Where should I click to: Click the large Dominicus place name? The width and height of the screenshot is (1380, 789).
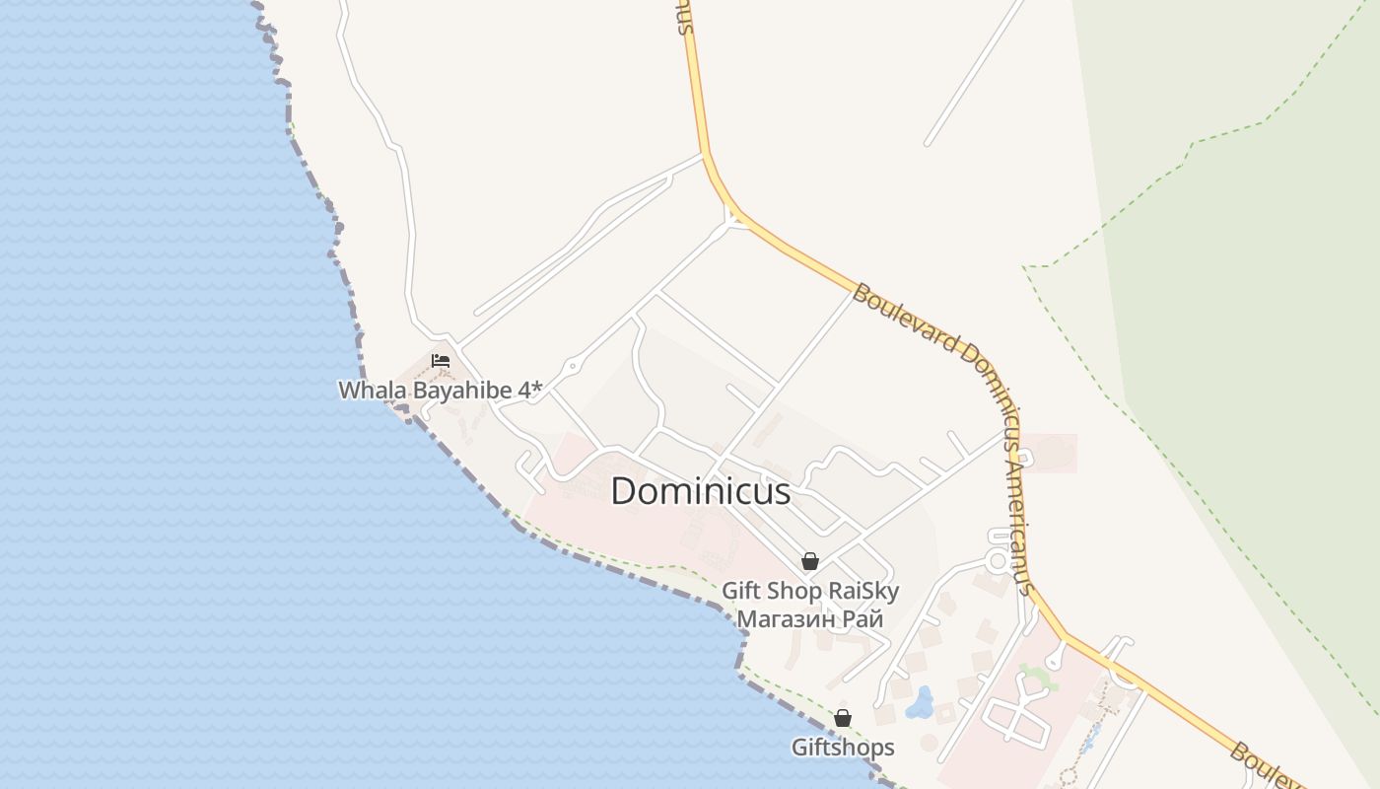[x=700, y=491]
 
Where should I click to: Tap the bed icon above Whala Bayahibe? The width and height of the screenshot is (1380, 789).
[x=441, y=361]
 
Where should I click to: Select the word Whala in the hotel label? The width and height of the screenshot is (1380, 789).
[x=372, y=391]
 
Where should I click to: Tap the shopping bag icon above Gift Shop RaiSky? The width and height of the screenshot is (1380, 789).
[x=810, y=561]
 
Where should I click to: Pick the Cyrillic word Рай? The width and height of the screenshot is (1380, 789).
[x=862, y=619]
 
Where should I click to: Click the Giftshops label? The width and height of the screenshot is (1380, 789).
[x=843, y=748]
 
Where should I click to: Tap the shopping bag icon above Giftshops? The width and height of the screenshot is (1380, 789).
[x=843, y=718]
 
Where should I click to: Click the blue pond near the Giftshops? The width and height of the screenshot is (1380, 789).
[x=922, y=703]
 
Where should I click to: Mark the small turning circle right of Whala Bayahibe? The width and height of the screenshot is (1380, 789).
[x=572, y=366]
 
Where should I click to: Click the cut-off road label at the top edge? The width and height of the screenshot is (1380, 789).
[x=683, y=18]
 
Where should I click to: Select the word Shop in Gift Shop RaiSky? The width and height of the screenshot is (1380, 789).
[x=795, y=591]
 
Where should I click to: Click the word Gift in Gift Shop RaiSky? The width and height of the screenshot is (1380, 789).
[x=741, y=591]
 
